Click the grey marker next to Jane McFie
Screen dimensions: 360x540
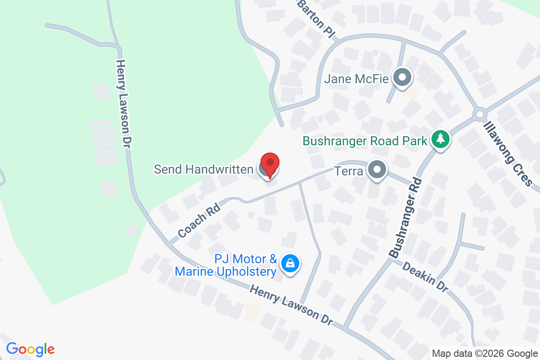click(x=402, y=78)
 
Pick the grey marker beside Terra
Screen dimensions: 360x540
click(x=377, y=171)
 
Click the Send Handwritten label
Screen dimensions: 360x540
click(x=203, y=170)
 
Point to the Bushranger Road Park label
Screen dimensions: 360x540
click(x=365, y=141)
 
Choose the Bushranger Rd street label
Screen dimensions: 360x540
click(x=406, y=217)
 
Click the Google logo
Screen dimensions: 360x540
click(x=30, y=349)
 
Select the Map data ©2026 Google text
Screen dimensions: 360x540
click(x=484, y=353)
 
